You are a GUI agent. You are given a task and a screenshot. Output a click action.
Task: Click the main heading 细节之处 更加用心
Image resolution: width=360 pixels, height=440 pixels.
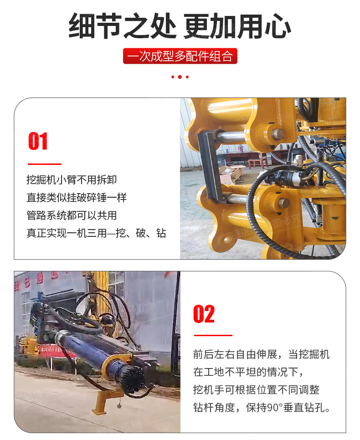click(x=180, y=26)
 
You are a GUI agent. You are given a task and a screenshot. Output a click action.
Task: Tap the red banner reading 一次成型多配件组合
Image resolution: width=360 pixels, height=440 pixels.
click(x=180, y=56)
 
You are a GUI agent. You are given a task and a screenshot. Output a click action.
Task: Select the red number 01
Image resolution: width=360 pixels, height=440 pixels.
click(x=38, y=141)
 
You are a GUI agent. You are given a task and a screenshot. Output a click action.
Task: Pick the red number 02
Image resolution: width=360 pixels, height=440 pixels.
click(x=204, y=314)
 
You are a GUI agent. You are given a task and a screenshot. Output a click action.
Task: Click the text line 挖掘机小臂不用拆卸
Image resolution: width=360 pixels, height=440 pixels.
click(x=72, y=179)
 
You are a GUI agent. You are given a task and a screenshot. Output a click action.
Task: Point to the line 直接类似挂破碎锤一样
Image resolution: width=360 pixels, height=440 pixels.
click(x=77, y=198)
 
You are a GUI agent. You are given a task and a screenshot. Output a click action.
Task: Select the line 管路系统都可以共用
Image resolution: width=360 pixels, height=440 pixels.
click(x=72, y=215)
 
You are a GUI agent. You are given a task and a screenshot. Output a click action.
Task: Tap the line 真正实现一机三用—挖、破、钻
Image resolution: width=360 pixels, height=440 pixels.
click(x=96, y=233)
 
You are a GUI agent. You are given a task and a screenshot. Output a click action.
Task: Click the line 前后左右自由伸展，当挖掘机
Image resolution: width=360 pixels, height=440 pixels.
click(x=261, y=354)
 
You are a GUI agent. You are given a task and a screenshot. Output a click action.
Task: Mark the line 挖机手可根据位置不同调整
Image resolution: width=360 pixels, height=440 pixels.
click(x=256, y=389)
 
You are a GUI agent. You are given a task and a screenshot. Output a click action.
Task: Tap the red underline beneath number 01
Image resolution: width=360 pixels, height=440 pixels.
click(x=45, y=164)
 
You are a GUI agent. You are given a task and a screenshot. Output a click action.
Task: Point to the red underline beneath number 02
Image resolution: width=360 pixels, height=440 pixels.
click(x=213, y=335)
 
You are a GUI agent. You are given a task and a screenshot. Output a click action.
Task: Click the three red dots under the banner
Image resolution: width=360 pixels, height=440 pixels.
click(x=180, y=77)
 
